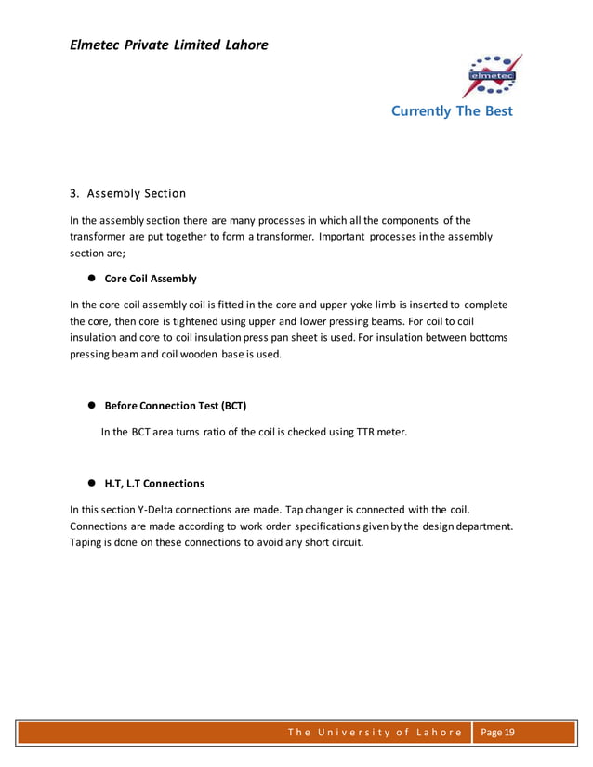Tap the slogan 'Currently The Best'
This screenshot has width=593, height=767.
coord(452,111)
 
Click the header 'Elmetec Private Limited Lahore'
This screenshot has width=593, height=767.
coord(168,44)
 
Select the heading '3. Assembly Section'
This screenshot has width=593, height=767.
coord(128,193)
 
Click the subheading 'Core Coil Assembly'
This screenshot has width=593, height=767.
coord(151,279)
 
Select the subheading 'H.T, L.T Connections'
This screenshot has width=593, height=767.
coord(154,484)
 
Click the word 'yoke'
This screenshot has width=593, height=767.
coord(369,305)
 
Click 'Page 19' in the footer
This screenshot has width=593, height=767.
coord(496,733)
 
